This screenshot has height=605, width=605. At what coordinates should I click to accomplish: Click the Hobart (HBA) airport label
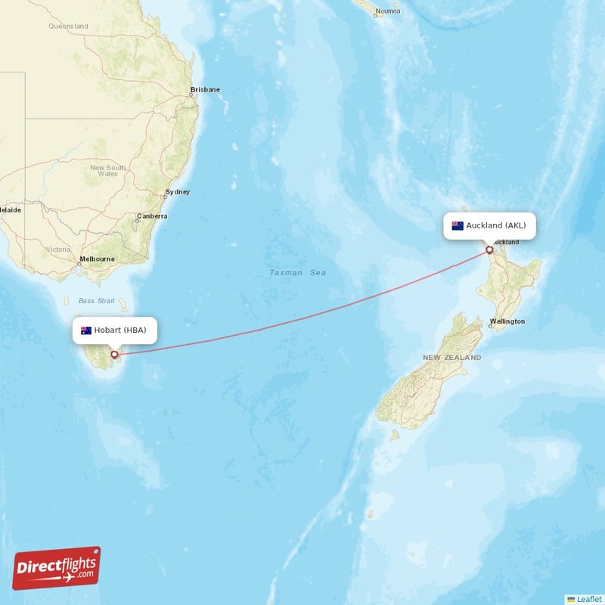click(x=116, y=330)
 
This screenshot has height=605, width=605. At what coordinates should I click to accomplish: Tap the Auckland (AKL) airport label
click(x=489, y=225)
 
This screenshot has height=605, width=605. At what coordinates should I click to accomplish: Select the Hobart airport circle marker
click(x=114, y=354)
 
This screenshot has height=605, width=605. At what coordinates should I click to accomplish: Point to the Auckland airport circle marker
click(x=489, y=250)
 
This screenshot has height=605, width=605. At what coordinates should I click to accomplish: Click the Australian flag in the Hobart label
click(x=86, y=330)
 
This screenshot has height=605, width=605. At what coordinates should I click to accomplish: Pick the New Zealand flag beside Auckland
click(x=458, y=225)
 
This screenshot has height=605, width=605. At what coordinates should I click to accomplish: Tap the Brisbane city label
click(x=205, y=89)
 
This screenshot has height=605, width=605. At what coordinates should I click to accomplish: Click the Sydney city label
click(x=178, y=192)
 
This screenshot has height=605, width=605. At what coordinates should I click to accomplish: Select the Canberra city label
click(x=152, y=216)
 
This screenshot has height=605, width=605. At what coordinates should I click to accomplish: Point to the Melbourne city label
click(x=98, y=259)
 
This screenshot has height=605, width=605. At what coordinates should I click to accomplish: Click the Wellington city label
click(x=507, y=321)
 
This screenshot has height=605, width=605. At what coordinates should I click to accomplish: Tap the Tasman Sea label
click(x=298, y=272)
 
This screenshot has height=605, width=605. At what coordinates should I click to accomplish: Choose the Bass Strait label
click(x=97, y=301)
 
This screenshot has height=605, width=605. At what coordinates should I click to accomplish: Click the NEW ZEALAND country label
click(x=451, y=357)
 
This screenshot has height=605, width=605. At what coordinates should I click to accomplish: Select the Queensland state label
click(x=68, y=26)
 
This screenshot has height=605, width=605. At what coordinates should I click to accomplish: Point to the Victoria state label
click(x=58, y=249)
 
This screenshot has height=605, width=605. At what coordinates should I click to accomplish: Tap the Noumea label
click(x=388, y=11)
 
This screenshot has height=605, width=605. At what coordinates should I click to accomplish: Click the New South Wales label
click(x=107, y=170)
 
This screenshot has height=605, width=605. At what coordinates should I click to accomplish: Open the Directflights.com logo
click(x=57, y=568)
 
